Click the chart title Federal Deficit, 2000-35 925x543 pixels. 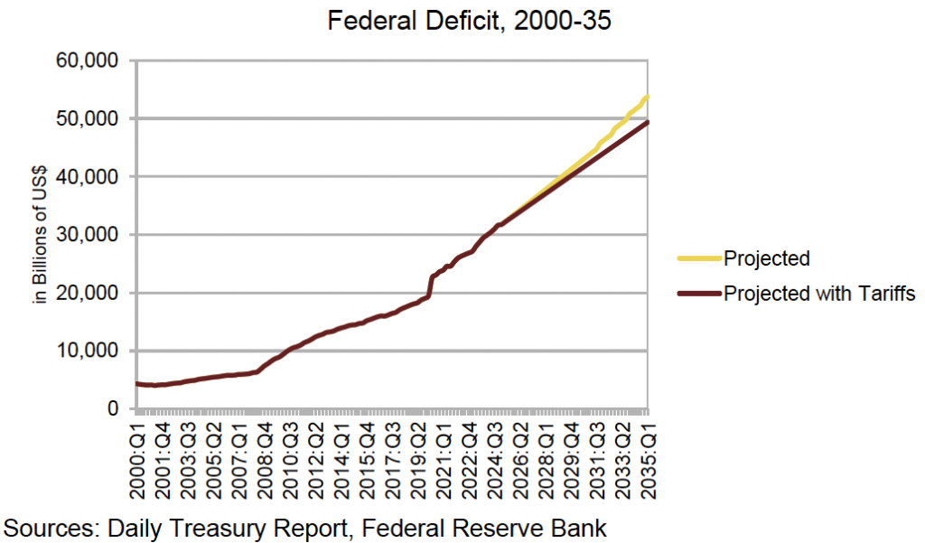[x=470, y=20]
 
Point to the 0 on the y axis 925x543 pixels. [x=113, y=408]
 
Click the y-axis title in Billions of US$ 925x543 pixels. [x=41, y=235]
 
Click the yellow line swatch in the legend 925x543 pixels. [x=699, y=258]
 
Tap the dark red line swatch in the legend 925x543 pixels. [x=699, y=293]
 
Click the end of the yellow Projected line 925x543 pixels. [x=648, y=97]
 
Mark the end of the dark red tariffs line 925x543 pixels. [x=648, y=122]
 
